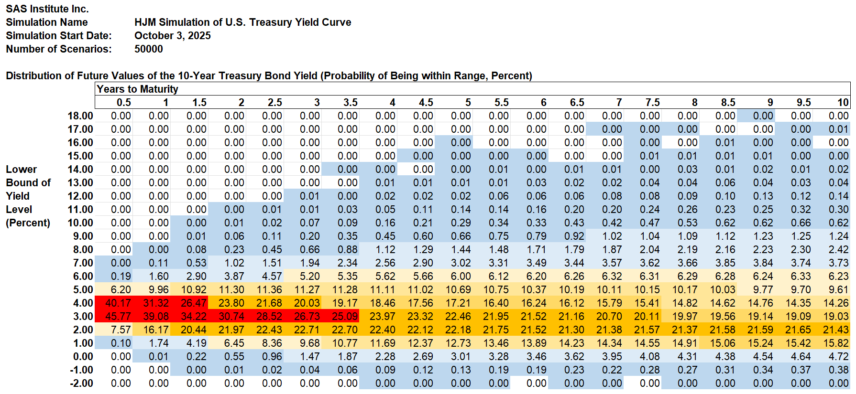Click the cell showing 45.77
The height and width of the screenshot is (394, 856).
tap(118, 316)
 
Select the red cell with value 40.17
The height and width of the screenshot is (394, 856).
tap(118, 303)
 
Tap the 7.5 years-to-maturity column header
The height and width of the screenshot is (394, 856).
tap(652, 102)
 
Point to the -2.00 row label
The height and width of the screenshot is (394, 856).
tap(81, 383)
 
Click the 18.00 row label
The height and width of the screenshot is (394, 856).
tap(80, 116)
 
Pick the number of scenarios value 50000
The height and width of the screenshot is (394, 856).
tap(148, 49)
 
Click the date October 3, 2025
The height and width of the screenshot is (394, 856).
tap(172, 35)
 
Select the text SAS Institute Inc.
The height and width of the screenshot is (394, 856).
tap(47, 9)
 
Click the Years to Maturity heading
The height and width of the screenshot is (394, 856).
tap(137, 89)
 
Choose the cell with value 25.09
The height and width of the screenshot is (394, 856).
tap(344, 316)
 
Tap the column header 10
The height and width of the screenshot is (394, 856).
tap(843, 102)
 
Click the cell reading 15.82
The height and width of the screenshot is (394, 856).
tap(835, 343)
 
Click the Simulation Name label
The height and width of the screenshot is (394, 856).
tap(46, 22)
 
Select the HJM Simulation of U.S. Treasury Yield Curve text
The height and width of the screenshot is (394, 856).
tap(242, 22)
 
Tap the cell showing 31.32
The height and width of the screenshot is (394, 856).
tap(155, 303)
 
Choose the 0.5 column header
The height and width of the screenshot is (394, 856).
tap(123, 102)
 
